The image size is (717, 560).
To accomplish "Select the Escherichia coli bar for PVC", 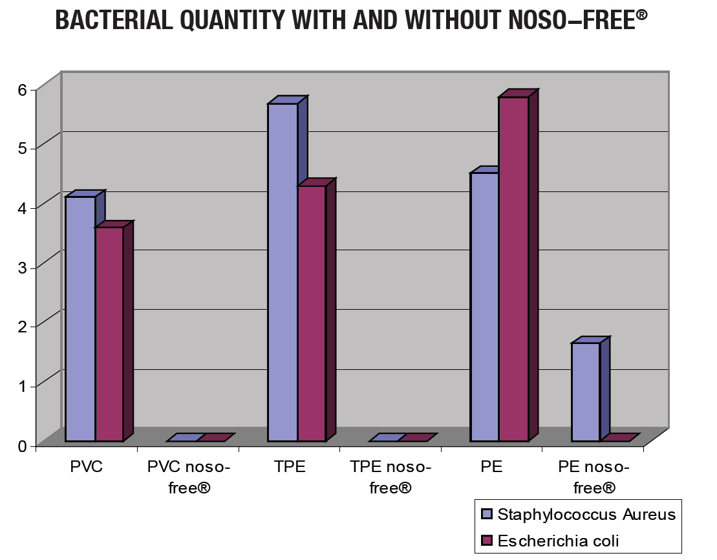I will pyautogui.click(x=109, y=334).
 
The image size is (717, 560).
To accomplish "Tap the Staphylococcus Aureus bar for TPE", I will pyautogui.click(x=283, y=272).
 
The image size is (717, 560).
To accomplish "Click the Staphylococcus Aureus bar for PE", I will pyautogui.click(x=485, y=307).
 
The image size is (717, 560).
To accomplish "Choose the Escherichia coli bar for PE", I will pyautogui.click(x=513, y=269).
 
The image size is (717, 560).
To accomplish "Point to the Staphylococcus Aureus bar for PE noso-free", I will pyautogui.click(x=586, y=392).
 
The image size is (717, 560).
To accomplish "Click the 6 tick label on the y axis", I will pyautogui.click(x=23, y=89).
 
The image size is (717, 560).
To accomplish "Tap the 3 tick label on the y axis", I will pyautogui.click(x=23, y=267).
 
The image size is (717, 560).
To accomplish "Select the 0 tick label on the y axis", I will pyautogui.click(x=23, y=446).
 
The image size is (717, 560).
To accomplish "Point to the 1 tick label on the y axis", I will pyautogui.click(x=23, y=386).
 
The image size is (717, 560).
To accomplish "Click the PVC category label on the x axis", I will pyautogui.click(x=86, y=468).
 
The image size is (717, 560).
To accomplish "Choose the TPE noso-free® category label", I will pyautogui.click(x=391, y=477).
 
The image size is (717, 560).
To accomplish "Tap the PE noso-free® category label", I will pyautogui.click(x=593, y=477).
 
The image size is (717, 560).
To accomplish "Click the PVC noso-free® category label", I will pyautogui.click(x=188, y=477).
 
